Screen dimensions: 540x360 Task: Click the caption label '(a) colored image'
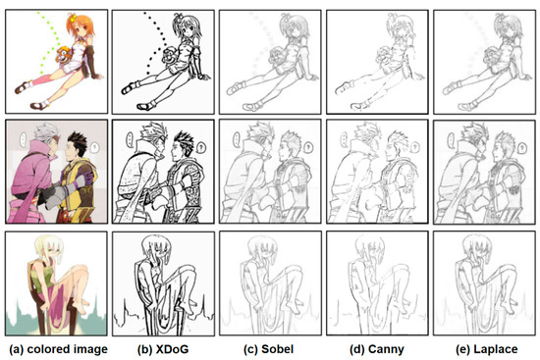coord(59,349)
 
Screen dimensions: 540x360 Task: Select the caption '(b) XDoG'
coord(163,349)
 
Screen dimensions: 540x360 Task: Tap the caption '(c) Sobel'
coord(268,349)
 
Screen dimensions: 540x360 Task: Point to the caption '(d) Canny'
coord(377,349)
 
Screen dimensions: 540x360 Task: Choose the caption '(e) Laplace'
coord(486,349)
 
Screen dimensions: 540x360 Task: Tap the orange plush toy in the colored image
coord(64,55)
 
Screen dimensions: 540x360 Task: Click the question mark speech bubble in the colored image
coord(94,148)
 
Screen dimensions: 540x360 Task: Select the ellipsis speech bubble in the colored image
coord(23,139)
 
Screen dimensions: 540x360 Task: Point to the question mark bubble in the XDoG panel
coord(201,148)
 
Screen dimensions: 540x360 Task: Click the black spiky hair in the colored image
coord(79,141)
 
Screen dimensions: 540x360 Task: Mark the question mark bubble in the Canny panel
coord(415,147)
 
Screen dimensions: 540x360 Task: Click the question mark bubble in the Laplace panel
coord(522,148)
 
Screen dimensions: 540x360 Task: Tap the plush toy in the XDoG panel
coord(171,55)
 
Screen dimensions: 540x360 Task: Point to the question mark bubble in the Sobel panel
coord(308,148)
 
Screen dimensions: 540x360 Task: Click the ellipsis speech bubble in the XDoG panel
coord(130,139)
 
